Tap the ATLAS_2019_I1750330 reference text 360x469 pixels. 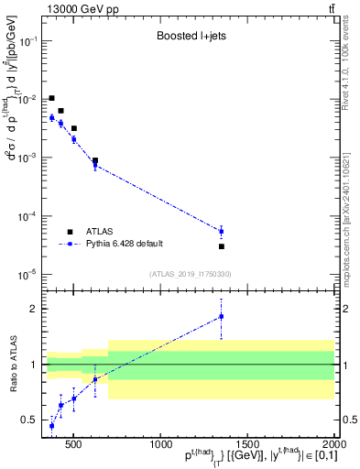190,274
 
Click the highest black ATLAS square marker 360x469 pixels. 52,98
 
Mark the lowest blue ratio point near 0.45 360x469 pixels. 52,426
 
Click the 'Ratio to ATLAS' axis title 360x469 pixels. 13,365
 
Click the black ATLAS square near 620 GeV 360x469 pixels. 95,160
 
